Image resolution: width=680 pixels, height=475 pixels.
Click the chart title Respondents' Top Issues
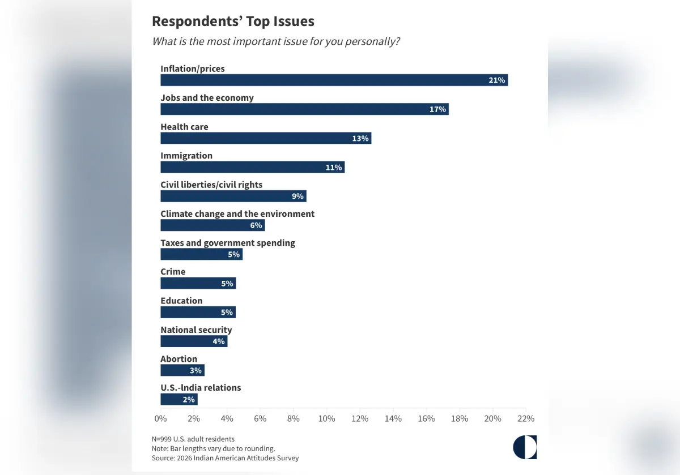click(233, 22)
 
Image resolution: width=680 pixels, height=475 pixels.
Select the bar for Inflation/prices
click(334, 80)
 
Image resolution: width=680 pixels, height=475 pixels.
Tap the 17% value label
click(437, 109)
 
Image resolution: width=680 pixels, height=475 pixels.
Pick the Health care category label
click(184, 127)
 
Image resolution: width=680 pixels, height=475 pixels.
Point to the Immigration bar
click(252, 167)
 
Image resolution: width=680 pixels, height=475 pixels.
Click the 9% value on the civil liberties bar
click(297, 196)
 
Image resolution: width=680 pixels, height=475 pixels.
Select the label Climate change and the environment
click(237, 213)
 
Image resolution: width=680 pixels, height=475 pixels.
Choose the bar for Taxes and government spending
click(201, 254)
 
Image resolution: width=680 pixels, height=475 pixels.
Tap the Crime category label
click(173, 272)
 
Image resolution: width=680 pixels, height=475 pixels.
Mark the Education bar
click(198, 312)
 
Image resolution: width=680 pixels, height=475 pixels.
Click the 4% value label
click(219, 341)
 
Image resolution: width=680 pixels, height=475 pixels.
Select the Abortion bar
click(182, 370)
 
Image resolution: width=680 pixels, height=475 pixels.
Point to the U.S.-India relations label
click(201, 388)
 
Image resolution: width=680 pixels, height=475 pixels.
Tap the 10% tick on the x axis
click(327, 419)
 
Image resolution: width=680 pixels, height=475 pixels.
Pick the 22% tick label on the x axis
click(526, 419)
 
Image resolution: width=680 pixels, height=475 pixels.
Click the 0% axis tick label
click(160, 419)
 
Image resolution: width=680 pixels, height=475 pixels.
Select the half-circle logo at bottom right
click(525, 447)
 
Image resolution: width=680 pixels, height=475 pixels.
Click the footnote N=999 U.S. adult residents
click(193, 439)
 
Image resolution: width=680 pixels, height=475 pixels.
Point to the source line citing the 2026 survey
click(225, 457)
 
